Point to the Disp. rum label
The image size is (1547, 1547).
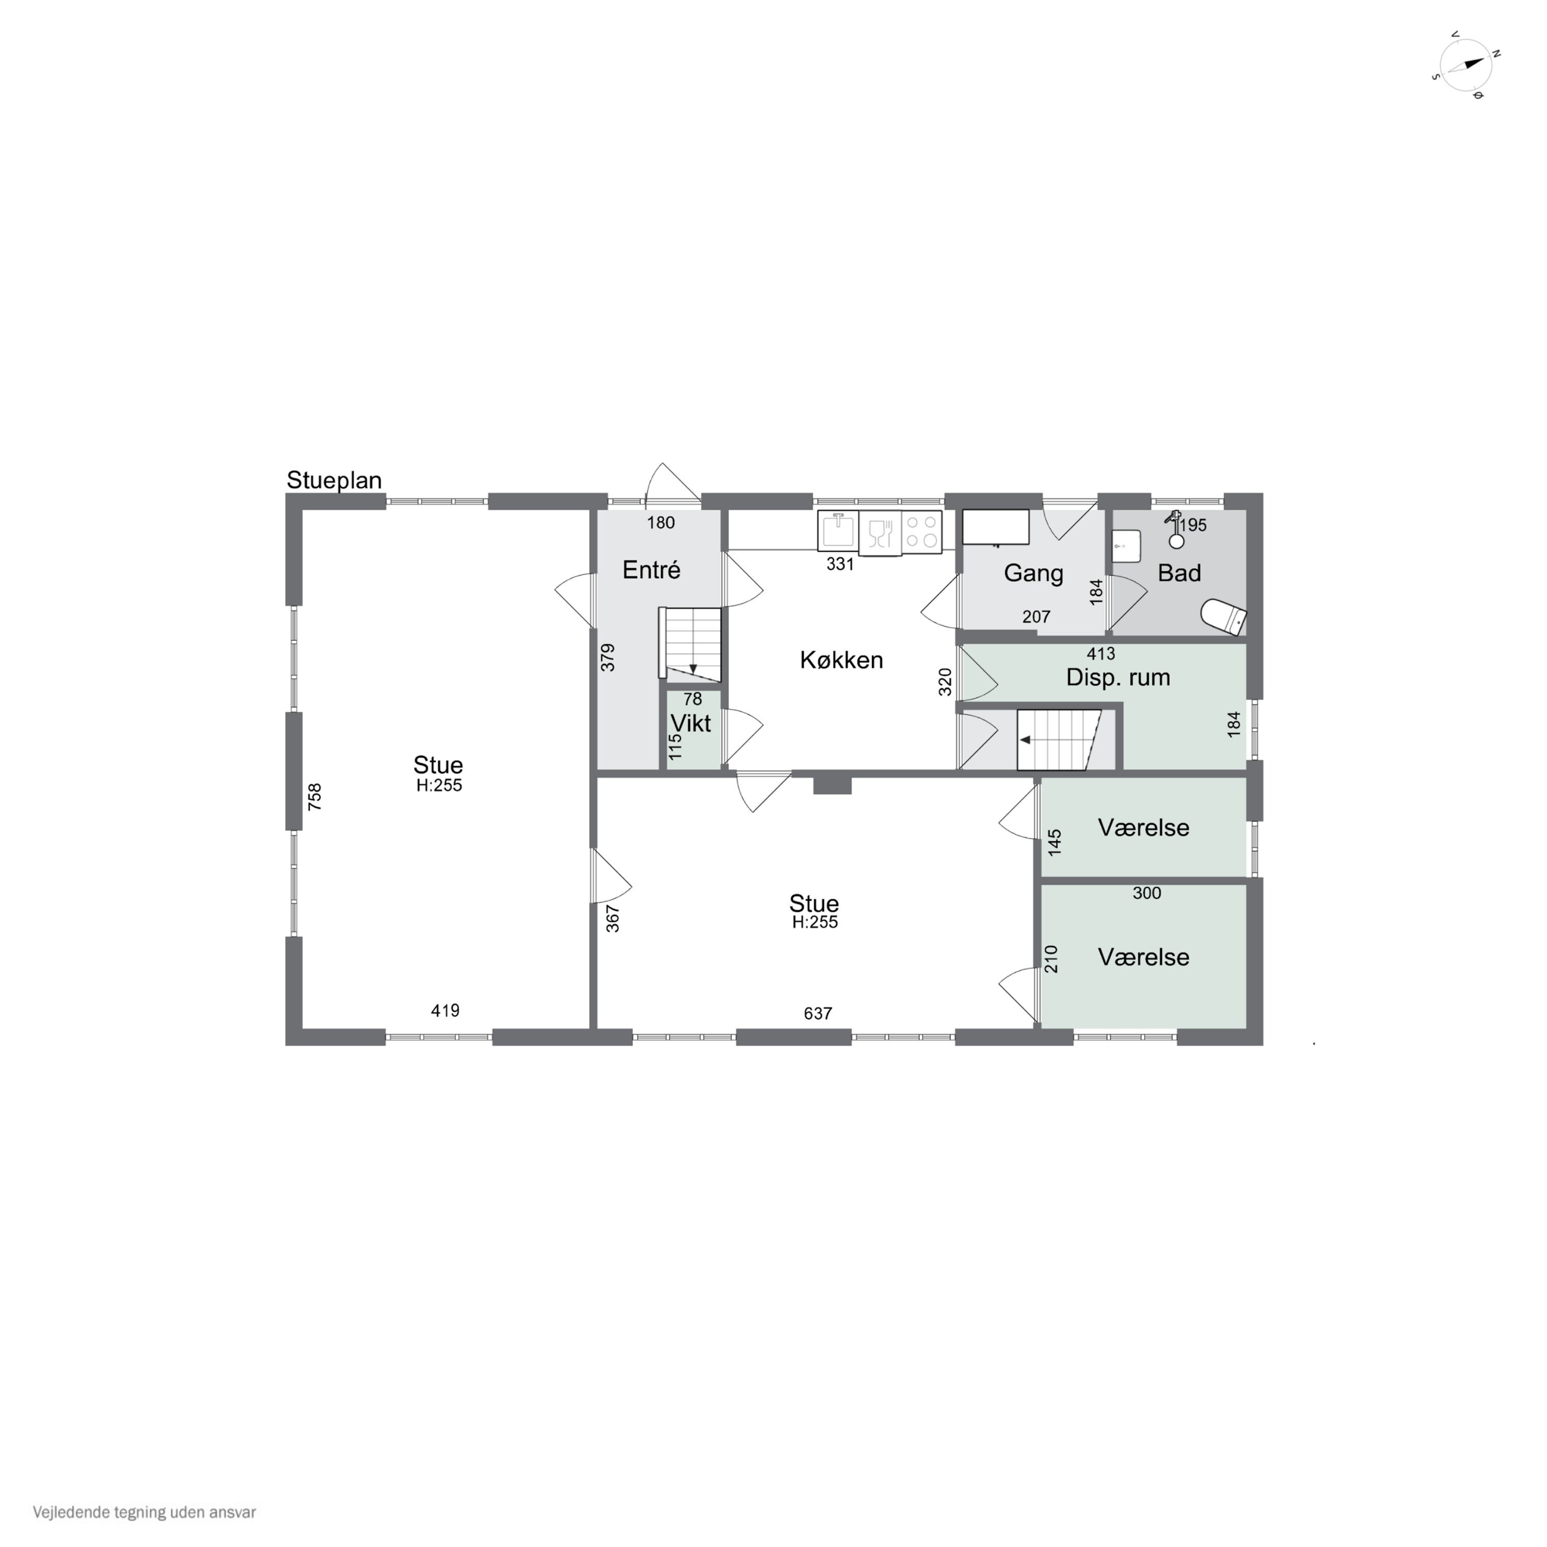[x=1118, y=678]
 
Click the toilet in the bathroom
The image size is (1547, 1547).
[x=1224, y=617]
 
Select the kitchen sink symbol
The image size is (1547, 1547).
[x=837, y=530]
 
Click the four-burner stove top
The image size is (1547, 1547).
[x=921, y=532]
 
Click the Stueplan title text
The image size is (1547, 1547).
[x=334, y=481]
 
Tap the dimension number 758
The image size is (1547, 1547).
[x=315, y=797]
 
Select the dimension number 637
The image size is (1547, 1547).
[x=817, y=1014]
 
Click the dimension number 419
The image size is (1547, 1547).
[x=445, y=1011]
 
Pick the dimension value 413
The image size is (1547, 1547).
[x=1101, y=653]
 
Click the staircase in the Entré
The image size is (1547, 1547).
[x=690, y=644]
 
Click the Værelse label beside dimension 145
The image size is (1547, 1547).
[x=1143, y=827]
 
